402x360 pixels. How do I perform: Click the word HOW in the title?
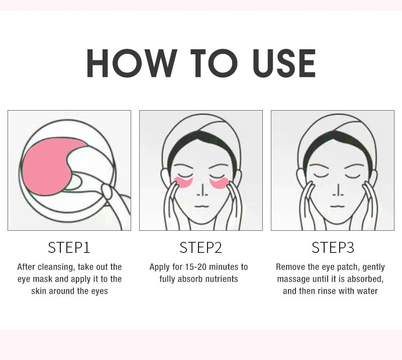(x=132, y=63)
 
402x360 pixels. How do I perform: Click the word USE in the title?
(x=284, y=63)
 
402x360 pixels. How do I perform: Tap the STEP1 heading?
(x=69, y=247)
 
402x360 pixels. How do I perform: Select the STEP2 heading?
(x=200, y=247)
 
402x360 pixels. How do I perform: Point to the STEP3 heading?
(x=333, y=247)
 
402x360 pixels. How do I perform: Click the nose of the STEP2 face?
(x=203, y=191)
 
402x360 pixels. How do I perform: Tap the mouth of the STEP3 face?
(x=337, y=206)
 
